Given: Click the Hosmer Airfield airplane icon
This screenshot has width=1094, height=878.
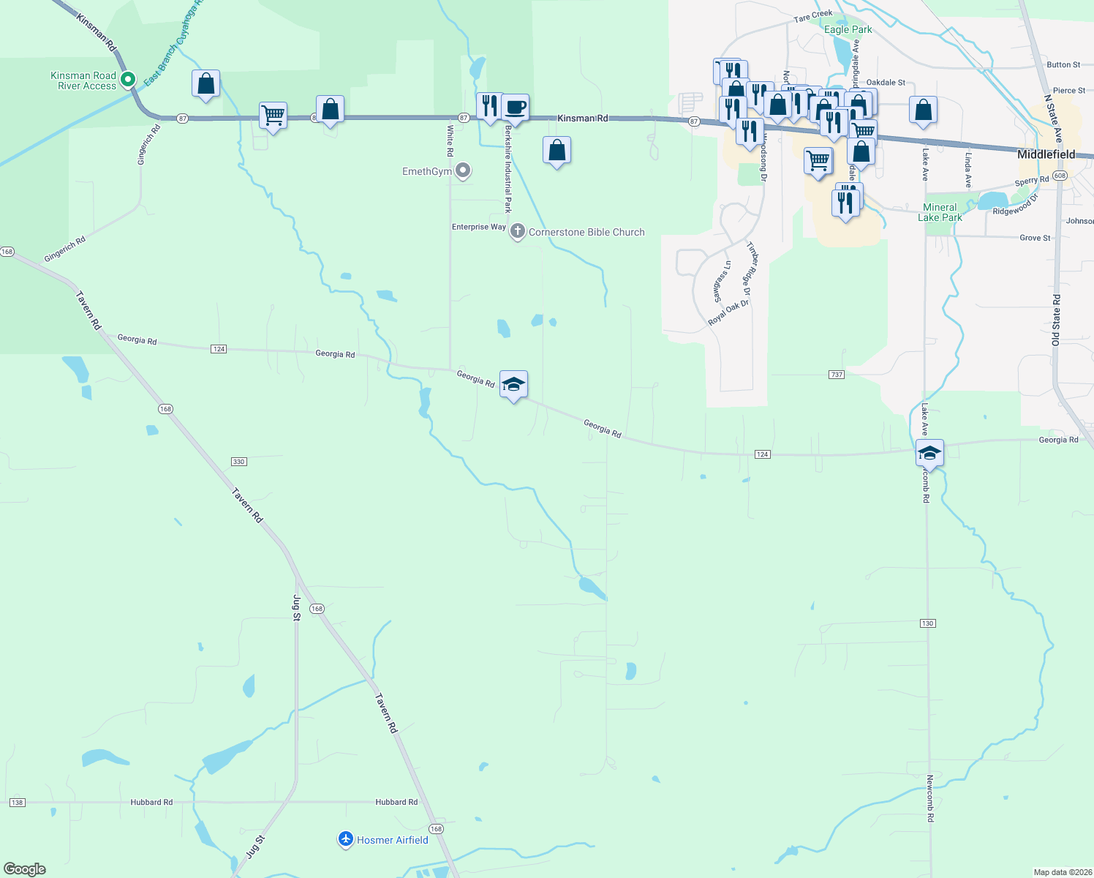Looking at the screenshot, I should tap(346, 839).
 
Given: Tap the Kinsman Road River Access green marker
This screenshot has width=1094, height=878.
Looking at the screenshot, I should tap(128, 79).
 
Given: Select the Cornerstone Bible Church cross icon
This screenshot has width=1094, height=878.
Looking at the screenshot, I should tap(517, 232).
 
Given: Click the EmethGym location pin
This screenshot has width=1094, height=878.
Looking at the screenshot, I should tap(462, 171).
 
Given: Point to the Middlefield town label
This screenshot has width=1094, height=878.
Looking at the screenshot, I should tap(1046, 154).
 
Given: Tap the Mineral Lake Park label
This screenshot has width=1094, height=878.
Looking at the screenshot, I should tap(940, 212).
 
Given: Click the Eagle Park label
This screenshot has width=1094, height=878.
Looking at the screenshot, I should tap(848, 30).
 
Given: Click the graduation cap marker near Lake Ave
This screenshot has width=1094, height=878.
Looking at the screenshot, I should tap(929, 453).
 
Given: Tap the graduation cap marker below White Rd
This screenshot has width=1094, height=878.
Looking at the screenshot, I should tap(513, 384).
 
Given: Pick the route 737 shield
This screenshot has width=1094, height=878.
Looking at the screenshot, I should tap(837, 375).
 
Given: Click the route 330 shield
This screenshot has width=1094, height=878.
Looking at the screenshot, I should tap(238, 462).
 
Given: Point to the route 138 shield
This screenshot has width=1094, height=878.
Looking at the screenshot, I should tap(17, 803).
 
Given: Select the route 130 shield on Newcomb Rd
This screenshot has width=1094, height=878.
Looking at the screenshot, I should tap(927, 623).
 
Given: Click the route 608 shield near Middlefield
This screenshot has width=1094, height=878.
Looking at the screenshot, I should tap(1061, 176).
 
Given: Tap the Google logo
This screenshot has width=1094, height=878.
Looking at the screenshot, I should tap(25, 869).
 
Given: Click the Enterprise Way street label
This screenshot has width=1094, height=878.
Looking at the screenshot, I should tap(478, 227).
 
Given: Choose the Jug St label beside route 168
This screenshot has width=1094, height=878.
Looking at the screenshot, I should tap(296, 607).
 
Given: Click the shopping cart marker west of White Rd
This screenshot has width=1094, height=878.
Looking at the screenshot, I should tap(273, 116).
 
